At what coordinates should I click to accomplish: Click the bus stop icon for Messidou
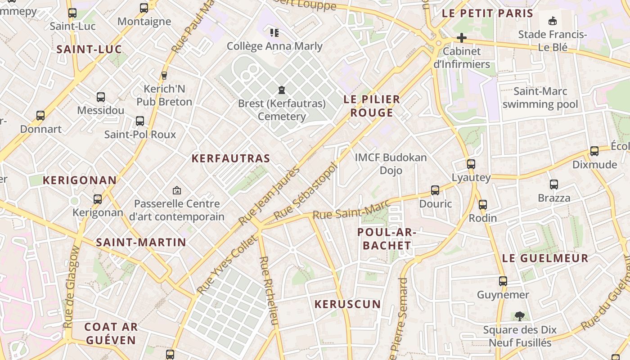(101, 97)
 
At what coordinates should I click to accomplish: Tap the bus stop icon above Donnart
(40, 116)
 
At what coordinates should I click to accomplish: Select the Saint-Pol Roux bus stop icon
(140, 121)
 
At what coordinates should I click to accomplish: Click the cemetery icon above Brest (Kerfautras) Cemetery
(282, 90)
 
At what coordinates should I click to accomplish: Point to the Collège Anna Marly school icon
(274, 32)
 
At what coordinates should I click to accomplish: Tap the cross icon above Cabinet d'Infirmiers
(461, 38)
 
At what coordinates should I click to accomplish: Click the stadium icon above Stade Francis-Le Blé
(552, 21)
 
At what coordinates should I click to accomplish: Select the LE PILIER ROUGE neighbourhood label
(372, 106)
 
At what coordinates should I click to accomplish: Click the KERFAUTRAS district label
(231, 158)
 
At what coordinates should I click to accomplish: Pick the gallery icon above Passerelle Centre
(177, 191)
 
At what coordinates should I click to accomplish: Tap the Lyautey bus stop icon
(471, 164)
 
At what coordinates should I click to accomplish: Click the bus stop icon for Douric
(435, 190)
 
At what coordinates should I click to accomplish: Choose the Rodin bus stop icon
(483, 205)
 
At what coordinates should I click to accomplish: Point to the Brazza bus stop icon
(554, 184)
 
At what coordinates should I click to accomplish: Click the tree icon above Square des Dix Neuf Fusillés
(520, 316)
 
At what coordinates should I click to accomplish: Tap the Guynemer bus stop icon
(503, 281)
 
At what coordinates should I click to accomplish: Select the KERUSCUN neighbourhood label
(347, 304)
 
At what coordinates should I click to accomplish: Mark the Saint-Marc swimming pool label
(540, 98)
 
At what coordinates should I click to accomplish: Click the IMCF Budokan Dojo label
(391, 164)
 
